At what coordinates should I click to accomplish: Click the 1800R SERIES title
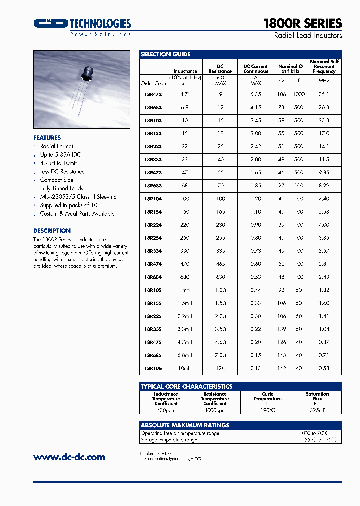point(302,23)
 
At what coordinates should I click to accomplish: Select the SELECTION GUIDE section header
point(165,54)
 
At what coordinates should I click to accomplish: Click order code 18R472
point(152,94)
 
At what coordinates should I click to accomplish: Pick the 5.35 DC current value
point(255,94)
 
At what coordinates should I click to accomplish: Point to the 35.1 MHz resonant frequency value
point(324,94)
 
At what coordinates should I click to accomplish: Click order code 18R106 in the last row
point(152,368)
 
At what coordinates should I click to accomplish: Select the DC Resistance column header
point(220,69)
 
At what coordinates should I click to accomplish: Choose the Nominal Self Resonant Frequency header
point(324,66)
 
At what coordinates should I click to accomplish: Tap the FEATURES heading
point(47,138)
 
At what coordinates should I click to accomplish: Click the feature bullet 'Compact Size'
point(57,180)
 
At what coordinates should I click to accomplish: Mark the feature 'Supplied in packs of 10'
point(69,205)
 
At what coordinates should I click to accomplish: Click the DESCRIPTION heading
point(52,231)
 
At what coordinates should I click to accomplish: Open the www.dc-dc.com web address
point(69,457)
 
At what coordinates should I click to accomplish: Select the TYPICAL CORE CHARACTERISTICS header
point(186,386)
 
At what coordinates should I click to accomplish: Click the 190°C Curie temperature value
point(267,410)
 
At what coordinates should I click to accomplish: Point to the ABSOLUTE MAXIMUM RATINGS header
point(185,425)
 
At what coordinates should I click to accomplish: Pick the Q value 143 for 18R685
point(282,355)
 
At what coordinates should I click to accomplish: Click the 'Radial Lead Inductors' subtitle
point(308,36)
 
